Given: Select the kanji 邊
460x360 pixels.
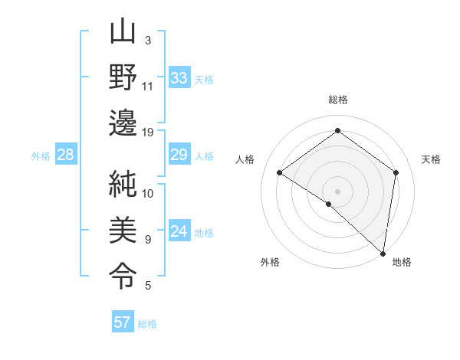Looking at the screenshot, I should tap(123, 123).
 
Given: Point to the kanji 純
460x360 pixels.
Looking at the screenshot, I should tap(123, 184).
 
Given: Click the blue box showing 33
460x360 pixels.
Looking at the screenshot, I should tap(179, 78).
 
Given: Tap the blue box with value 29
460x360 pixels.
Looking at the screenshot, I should tap(179, 155).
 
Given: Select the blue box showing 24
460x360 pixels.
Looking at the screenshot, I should tap(179, 232).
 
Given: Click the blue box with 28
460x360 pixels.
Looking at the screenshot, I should tap(65, 155).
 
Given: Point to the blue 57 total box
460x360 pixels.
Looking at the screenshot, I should tap(123, 322).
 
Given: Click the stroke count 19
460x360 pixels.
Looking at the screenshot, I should tap(148, 132).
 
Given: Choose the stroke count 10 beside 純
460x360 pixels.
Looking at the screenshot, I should tap(148, 193).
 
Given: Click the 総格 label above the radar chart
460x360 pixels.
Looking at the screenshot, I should tap(337, 100).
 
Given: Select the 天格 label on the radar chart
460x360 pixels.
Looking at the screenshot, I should tap(431, 159).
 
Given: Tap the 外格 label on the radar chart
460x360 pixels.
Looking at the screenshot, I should tap(269, 262).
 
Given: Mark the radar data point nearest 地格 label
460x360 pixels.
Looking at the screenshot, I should tap(383, 254).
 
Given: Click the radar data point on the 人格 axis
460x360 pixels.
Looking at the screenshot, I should tap(280, 173).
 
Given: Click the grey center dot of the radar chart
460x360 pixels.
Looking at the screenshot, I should tap(337, 191).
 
